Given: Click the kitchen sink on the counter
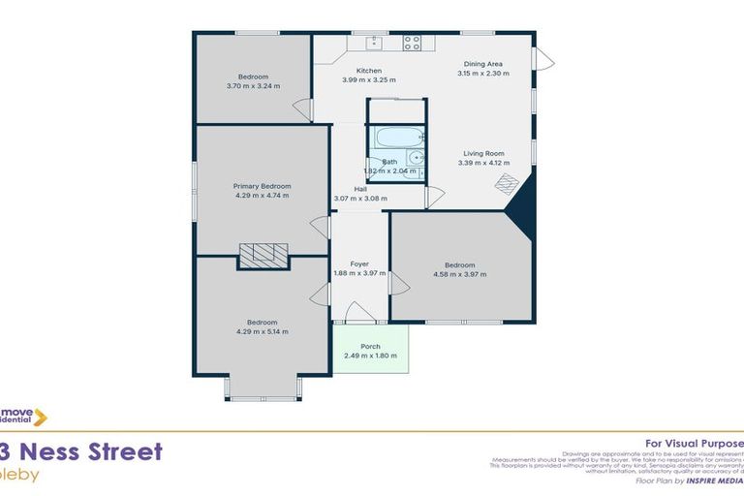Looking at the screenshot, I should [x=374, y=42].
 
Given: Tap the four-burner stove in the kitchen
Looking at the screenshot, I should [x=412, y=43].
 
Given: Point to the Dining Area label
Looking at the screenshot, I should [x=482, y=64].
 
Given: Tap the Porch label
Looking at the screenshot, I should [x=370, y=346].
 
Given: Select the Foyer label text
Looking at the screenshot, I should [x=358, y=263].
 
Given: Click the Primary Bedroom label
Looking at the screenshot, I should [x=262, y=185].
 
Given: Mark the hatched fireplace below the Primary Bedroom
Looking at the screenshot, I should [x=263, y=254].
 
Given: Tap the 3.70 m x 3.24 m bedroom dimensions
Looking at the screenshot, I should [x=253, y=86].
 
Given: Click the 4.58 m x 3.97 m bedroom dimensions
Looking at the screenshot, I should [x=459, y=274].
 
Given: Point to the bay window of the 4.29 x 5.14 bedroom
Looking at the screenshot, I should [x=263, y=389].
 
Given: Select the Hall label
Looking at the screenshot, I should [x=359, y=189].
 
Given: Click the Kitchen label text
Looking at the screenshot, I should [x=369, y=71].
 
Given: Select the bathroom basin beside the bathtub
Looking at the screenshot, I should [x=416, y=157].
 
